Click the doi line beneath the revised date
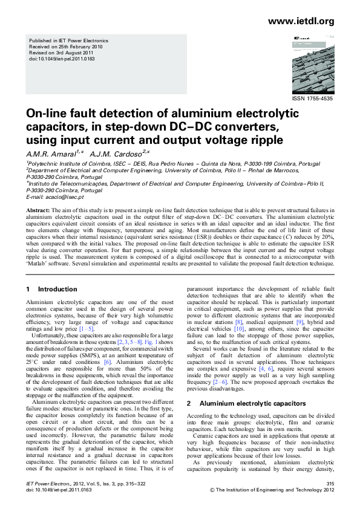[x=62, y=59]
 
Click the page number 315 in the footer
[x=330, y=484]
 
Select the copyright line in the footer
[x=271, y=491]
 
